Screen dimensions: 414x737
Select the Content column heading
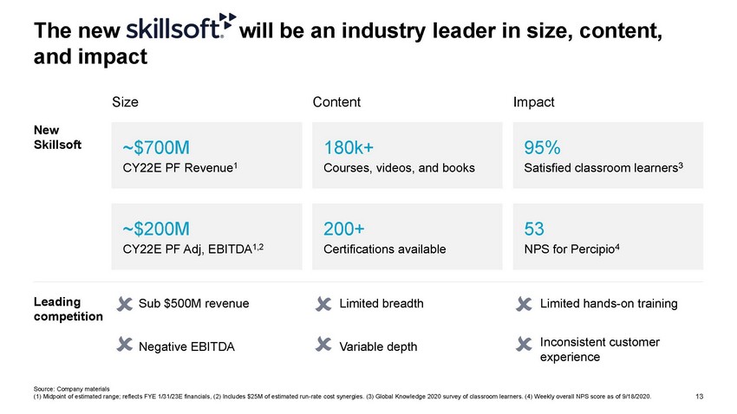tap(336, 102)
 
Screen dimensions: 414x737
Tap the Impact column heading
tap(534, 102)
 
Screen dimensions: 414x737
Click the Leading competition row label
tap(68, 309)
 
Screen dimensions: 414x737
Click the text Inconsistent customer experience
tap(600, 349)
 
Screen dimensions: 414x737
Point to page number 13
tap(700, 397)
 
